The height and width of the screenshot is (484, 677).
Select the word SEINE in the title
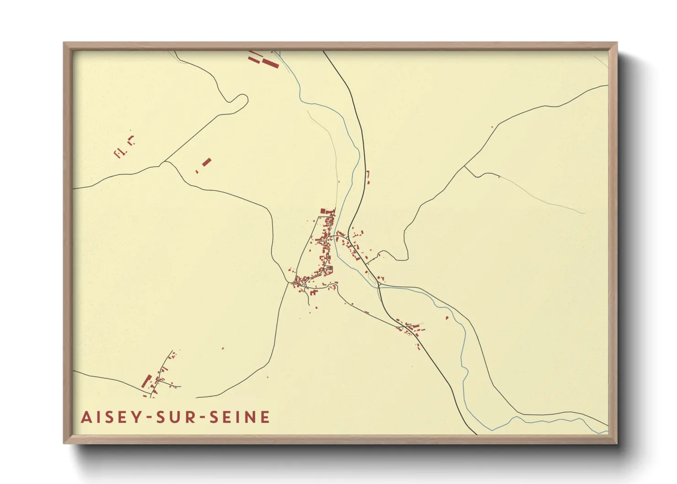[240, 417]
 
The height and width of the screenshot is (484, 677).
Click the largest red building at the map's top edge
[270, 63]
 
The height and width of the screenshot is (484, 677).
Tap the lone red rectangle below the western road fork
[207, 161]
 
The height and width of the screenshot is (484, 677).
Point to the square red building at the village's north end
[322, 211]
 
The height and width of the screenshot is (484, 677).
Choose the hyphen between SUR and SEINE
[202, 418]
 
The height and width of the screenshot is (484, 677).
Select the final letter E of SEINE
[265, 417]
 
